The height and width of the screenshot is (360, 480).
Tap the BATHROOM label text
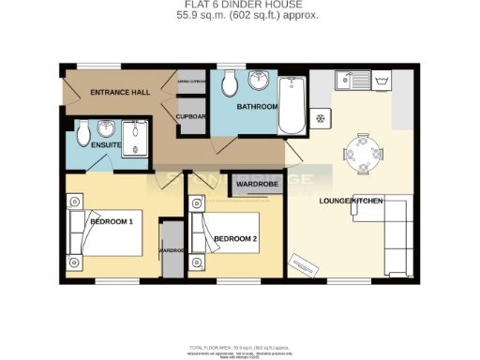coord(256,108)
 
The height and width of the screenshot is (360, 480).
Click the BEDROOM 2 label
coord(235,239)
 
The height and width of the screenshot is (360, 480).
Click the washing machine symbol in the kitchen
coord(382,83)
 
